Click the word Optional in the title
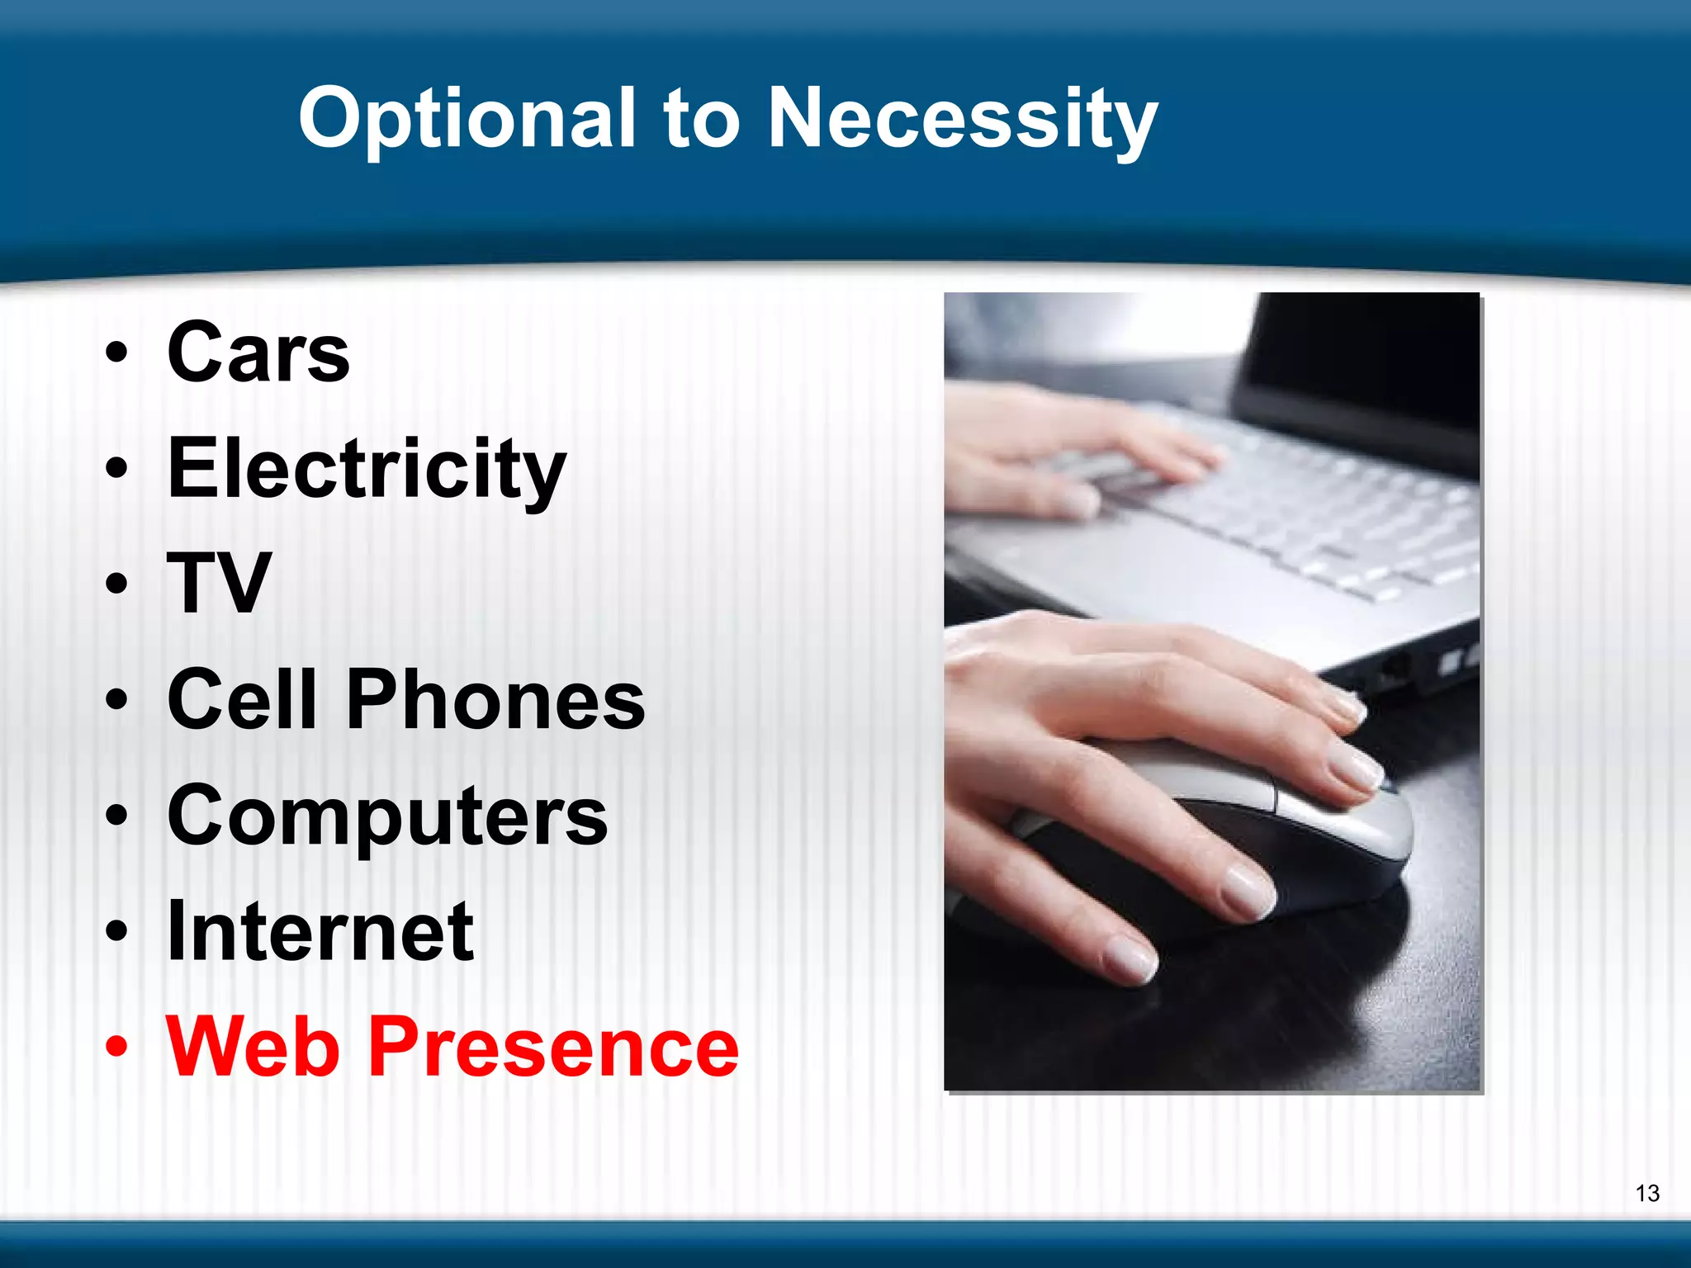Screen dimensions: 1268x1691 tap(467, 120)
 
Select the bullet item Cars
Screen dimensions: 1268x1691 tap(258, 353)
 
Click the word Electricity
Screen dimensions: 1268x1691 tap(367, 470)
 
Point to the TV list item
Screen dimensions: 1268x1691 tap(219, 584)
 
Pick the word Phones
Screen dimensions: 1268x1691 tap(495, 700)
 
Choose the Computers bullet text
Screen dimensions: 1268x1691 tap(387, 816)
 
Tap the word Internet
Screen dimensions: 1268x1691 tap(320, 932)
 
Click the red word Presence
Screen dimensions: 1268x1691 tap(552, 1048)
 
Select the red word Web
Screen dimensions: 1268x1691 tap(253, 1048)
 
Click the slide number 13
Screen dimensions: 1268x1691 tap(1646, 1193)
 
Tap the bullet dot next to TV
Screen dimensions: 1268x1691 tap(117, 585)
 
